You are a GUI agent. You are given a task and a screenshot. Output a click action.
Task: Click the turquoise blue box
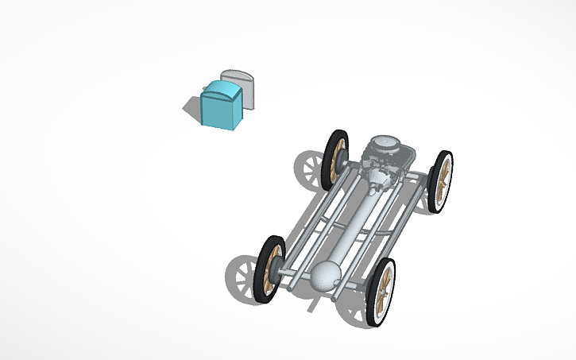click(221, 106)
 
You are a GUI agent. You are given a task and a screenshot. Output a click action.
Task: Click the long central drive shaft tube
click(357, 223)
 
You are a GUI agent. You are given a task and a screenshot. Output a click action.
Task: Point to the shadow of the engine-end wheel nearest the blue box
click(310, 169)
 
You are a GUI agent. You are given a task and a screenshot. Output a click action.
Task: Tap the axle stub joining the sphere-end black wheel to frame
click(287, 271)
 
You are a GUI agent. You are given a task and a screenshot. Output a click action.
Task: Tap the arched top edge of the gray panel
click(238, 74)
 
